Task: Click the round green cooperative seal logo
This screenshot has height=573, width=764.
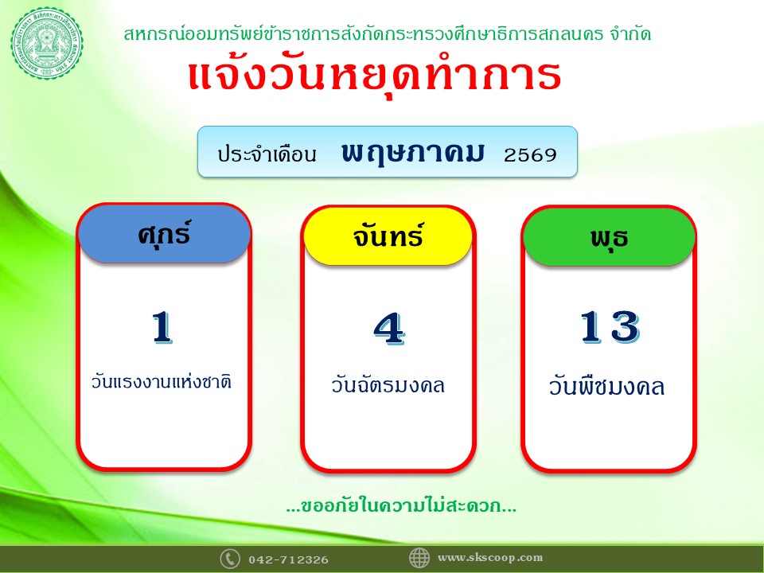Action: [x=47, y=43]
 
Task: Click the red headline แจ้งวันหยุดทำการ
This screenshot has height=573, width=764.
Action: [x=375, y=76]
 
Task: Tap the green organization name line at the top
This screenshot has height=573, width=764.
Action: [x=388, y=33]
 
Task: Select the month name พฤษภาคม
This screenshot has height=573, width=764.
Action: [x=413, y=153]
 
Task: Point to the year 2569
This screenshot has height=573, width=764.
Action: [x=530, y=155]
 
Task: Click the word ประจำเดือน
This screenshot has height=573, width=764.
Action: [x=267, y=154]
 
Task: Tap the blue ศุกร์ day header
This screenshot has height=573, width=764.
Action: [x=164, y=234]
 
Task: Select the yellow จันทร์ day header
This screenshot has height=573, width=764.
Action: [x=388, y=236]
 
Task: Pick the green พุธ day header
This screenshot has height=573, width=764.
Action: [x=609, y=237]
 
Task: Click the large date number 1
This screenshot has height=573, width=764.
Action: [x=162, y=328]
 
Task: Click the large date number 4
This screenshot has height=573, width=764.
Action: [x=389, y=329]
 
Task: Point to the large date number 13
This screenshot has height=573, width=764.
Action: [x=610, y=327]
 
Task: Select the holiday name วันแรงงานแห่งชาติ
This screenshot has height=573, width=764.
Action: [x=162, y=381]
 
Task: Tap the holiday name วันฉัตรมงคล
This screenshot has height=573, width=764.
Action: [x=388, y=385]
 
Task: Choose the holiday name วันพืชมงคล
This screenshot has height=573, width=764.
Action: [x=606, y=387]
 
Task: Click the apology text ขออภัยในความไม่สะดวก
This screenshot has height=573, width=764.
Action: [x=401, y=506]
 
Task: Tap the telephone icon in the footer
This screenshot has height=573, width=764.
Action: [x=229, y=559]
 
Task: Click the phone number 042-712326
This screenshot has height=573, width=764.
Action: [x=288, y=559]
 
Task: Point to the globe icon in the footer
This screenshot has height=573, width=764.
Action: [x=419, y=558]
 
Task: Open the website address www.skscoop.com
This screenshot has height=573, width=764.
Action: [x=490, y=558]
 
